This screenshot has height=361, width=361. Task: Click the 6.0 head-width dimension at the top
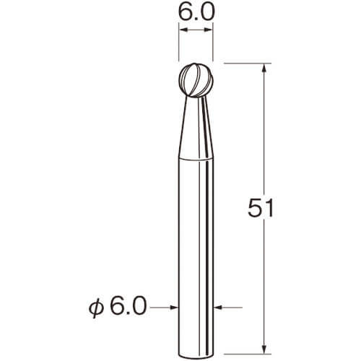(x=196, y=12)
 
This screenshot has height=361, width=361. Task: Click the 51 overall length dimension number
(x=261, y=208)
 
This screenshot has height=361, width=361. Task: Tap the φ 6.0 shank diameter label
(x=118, y=307)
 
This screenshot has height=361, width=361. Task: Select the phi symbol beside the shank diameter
(x=96, y=309)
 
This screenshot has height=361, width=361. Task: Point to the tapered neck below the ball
(x=196, y=128)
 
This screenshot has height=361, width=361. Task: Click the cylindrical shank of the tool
(x=196, y=258)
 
